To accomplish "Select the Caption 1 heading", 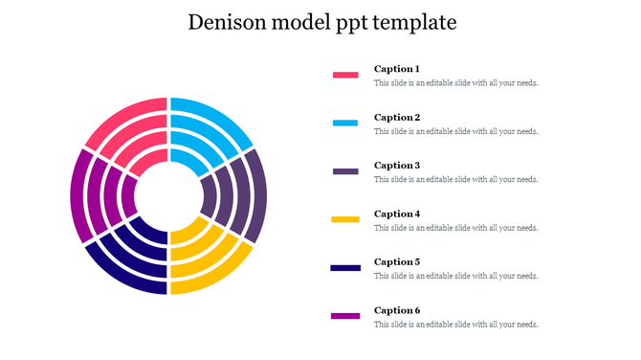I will tap(397, 69).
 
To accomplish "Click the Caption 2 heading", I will tap(397, 118).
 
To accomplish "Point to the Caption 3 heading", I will tap(397, 166).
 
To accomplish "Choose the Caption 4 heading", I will tap(397, 214).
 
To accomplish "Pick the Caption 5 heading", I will tap(397, 261).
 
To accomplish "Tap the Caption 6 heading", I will tap(397, 310).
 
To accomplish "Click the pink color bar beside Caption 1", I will tap(345, 74).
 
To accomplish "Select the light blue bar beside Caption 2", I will tap(345, 123).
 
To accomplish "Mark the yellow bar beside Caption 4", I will tap(345, 219).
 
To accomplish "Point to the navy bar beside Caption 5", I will tap(345, 267).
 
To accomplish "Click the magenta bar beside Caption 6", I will tap(345, 315).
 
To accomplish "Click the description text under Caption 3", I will tap(455, 179).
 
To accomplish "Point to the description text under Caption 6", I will tap(455, 324).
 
